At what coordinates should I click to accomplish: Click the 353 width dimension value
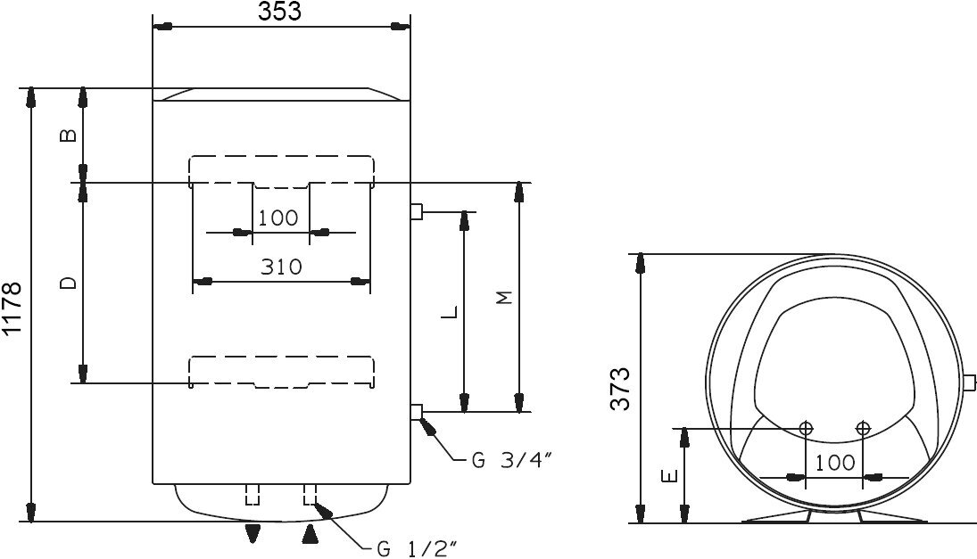point(280,12)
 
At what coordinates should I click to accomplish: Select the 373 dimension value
point(620,389)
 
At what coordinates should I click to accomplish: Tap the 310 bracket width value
point(281,267)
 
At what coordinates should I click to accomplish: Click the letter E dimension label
point(669,476)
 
